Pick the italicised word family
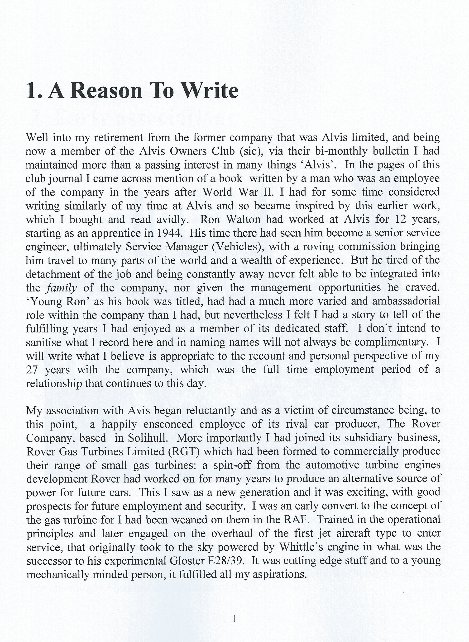pyautogui.click(x=61, y=288)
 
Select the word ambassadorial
pyautogui.click(x=402, y=301)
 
